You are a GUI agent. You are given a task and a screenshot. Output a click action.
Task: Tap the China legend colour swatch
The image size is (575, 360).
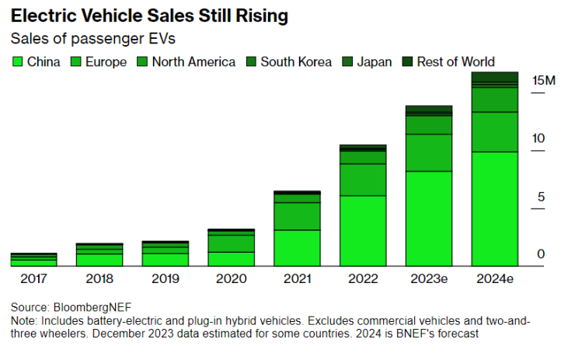click(16, 61)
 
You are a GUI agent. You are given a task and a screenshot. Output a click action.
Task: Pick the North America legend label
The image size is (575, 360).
click(193, 61)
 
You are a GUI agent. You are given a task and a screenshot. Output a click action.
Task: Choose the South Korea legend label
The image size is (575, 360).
click(296, 61)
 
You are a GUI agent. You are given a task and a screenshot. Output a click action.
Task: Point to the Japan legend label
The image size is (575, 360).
click(375, 61)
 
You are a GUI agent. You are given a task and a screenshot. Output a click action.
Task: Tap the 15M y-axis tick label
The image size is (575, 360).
click(543, 80)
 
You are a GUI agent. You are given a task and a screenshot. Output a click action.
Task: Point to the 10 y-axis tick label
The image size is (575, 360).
click(538, 138)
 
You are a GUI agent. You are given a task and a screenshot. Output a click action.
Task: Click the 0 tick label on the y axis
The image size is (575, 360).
click(541, 254)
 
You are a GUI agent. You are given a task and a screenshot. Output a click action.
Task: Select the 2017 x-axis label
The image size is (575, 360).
click(33, 278)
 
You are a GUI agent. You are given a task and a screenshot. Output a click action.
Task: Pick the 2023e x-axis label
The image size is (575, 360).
click(429, 278)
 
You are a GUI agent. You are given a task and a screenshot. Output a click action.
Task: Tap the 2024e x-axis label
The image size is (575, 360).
click(495, 278)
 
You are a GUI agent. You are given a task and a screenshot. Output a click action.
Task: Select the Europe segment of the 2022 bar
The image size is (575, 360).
click(364, 180)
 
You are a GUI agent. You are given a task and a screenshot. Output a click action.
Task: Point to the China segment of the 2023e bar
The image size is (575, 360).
click(429, 218)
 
